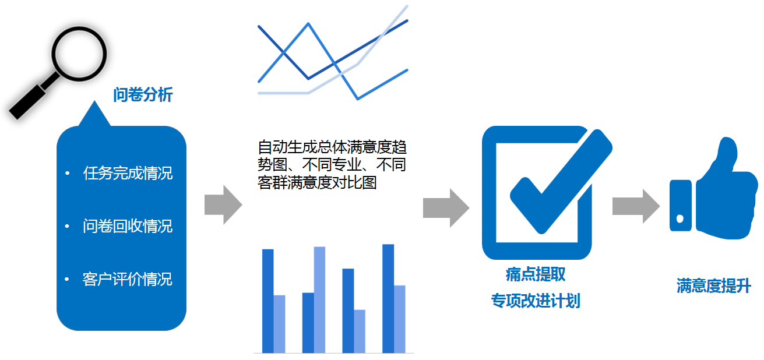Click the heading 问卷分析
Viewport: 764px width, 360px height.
tap(143, 94)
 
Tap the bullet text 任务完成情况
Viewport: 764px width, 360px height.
tap(128, 173)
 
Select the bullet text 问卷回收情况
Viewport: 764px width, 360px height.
tap(128, 227)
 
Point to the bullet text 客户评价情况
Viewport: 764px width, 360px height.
tap(127, 280)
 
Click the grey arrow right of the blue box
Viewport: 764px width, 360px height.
tap(223, 204)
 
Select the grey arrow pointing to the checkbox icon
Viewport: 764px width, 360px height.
tap(446, 207)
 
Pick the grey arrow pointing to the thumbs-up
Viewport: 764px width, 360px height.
tap(636, 206)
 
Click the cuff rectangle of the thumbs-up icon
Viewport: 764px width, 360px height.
tap(681, 206)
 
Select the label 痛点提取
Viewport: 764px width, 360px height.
tap(536, 274)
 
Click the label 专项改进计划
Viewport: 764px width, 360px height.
tap(536, 301)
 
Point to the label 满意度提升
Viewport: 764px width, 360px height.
tap(713, 285)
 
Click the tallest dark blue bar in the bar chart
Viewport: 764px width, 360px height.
tap(388, 299)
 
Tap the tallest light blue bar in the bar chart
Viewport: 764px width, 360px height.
tap(319, 300)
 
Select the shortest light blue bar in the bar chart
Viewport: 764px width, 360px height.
tap(360, 331)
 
